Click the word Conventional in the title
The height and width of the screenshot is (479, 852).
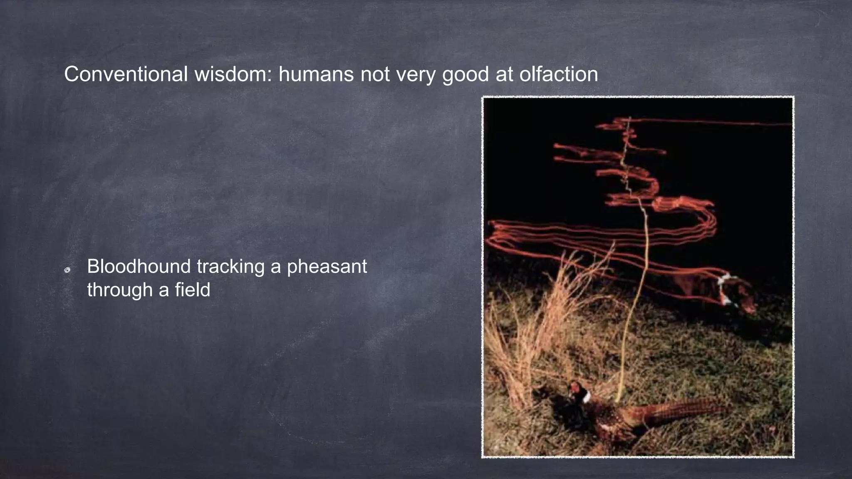point(126,74)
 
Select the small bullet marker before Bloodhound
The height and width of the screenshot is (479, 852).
point(67,270)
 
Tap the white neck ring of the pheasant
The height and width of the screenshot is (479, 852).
point(586,397)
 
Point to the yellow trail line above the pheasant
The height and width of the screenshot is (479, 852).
point(639,291)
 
